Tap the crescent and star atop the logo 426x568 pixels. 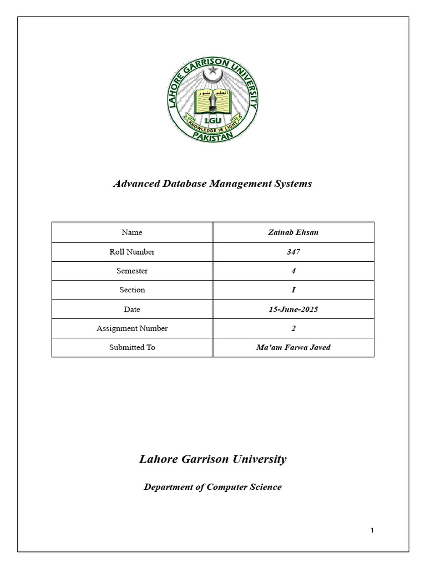pyautogui.click(x=212, y=73)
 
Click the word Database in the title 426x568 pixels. pyautogui.click(x=183, y=184)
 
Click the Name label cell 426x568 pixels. pyautogui.click(x=132, y=232)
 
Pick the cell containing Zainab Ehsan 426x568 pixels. pyautogui.click(x=293, y=232)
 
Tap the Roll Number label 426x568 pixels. pyautogui.click(x=132, y=252)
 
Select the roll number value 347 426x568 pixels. pyautogui.click(x=293, y=252)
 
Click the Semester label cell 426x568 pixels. pyautogui.click(x=132, y=271)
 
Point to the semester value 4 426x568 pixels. pyautogui.click(x=293, y=271)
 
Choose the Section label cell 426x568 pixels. pyautogui.click(x=132, y=290)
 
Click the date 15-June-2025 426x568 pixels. pyautogui.click(x=293, y=310)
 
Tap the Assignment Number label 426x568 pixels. pyautogui.click(x=132, y=328)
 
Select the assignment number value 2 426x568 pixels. pyautogui.click(x=293, y=328)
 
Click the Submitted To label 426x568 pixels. pyautogui.click(x=132, y=347)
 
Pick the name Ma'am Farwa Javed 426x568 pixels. pyautogui.click(x=293, y=347)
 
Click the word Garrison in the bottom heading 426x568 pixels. pyautogui.click(x=197, y=459)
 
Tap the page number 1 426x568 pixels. pyautogui.click(x=372, y=531)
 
